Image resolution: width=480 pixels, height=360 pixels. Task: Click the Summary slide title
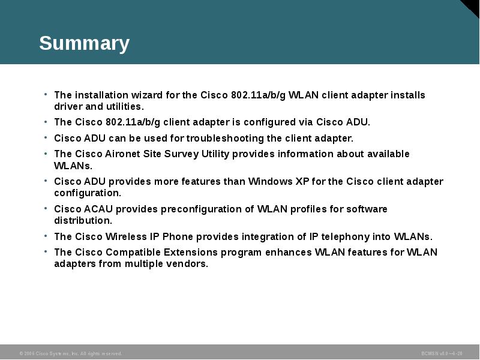[84, 44]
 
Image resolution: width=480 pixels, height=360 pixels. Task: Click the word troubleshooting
[196, 138]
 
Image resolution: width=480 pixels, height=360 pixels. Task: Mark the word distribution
[83, 221]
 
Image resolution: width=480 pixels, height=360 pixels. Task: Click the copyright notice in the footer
[71, 354]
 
